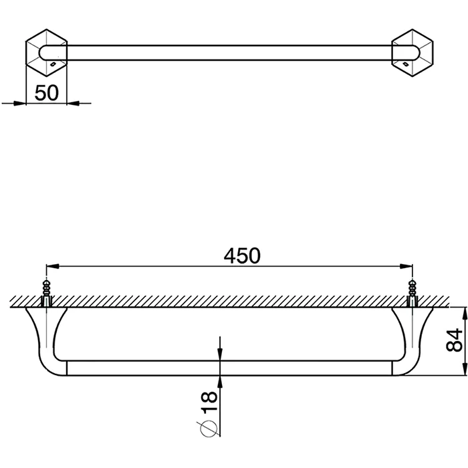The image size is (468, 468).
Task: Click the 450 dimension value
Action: [x=242, y=256]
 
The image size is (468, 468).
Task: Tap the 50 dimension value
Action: [x=47, y=92]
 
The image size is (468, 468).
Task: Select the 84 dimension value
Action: [x=454, y=340]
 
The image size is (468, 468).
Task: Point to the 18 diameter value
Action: [x=209, y=402]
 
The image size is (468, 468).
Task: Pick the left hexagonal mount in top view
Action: [x=47, y=53]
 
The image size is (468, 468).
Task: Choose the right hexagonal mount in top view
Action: [x=413, y=53]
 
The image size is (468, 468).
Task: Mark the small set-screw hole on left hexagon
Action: [x=53, y=64]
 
